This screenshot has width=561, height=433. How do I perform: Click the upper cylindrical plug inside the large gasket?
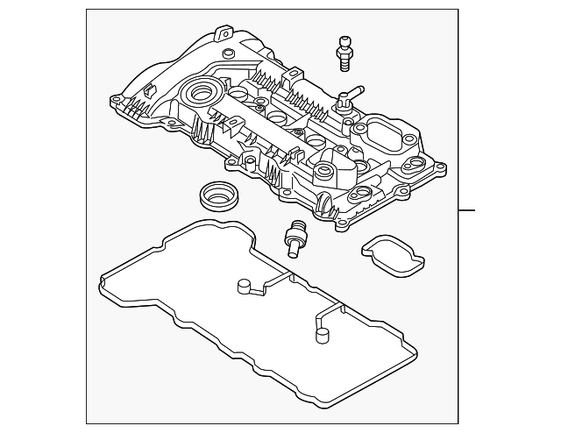pos(243,286)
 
